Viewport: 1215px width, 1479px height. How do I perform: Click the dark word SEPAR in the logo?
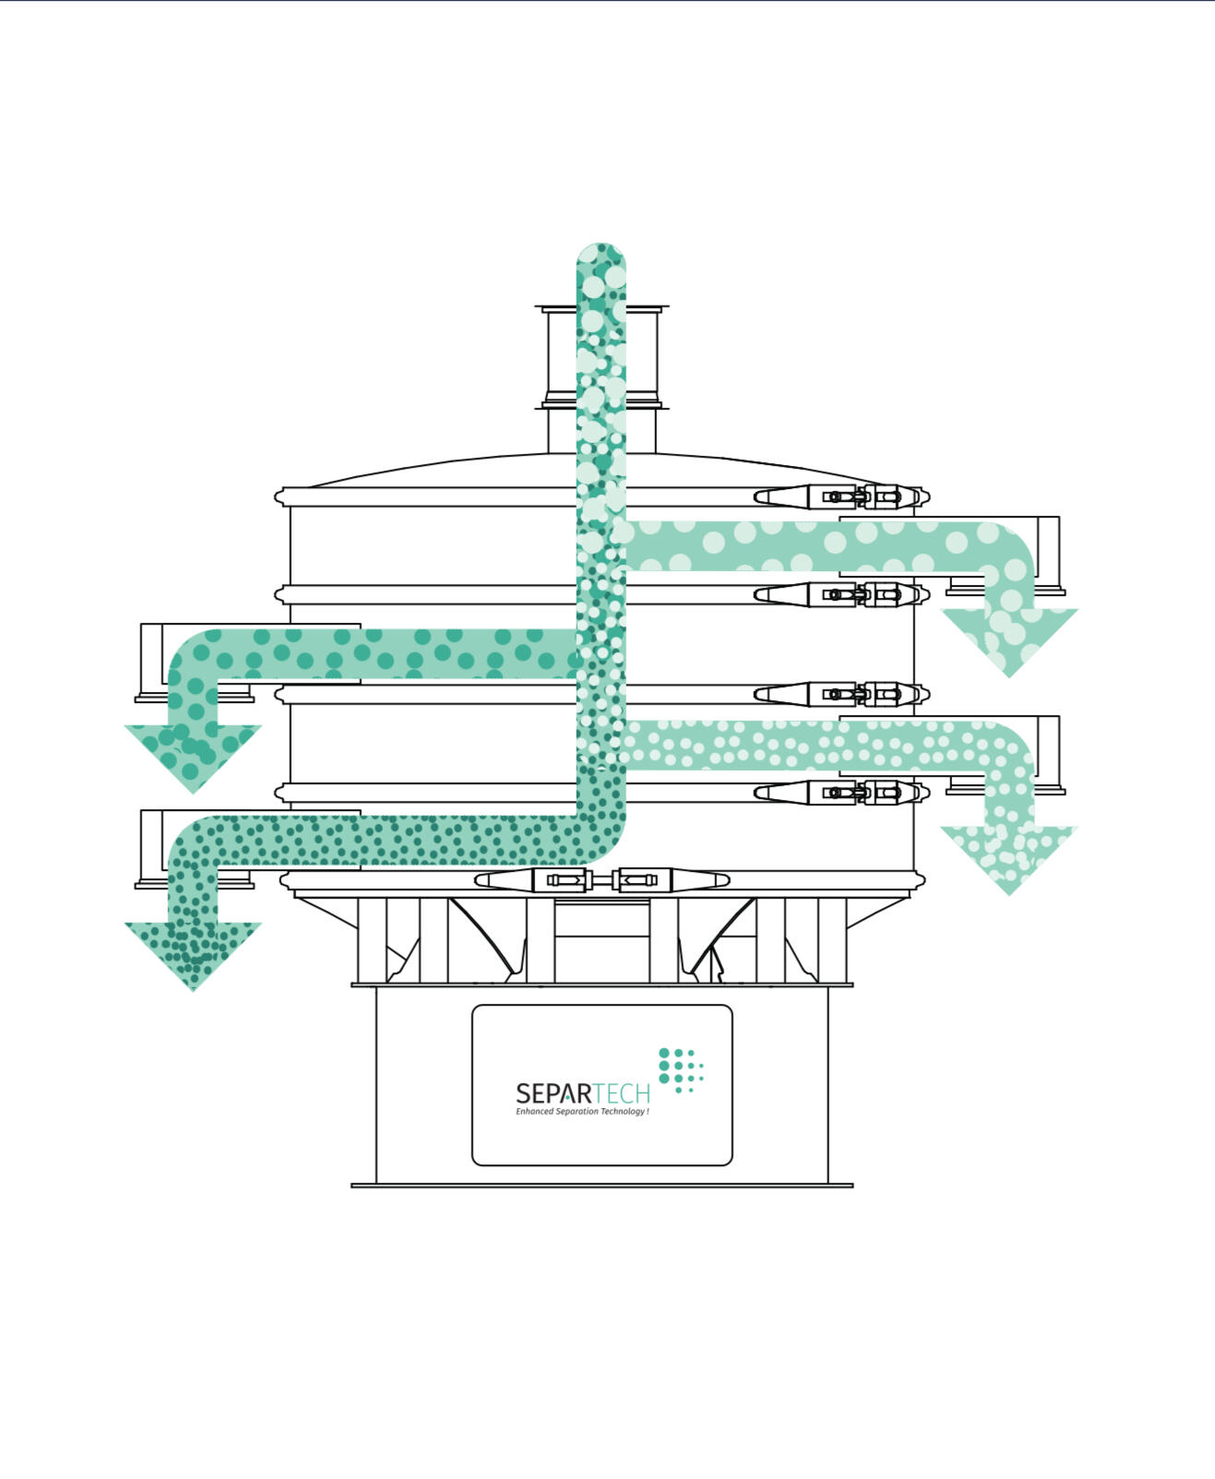[554, 1093]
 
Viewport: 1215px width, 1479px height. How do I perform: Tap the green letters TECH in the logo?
[622, 1093]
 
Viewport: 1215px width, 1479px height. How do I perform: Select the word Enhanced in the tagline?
[534, 1112]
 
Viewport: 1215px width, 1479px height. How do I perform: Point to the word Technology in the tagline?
[623, 1112]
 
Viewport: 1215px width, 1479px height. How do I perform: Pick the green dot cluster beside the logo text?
[681, 1071]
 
